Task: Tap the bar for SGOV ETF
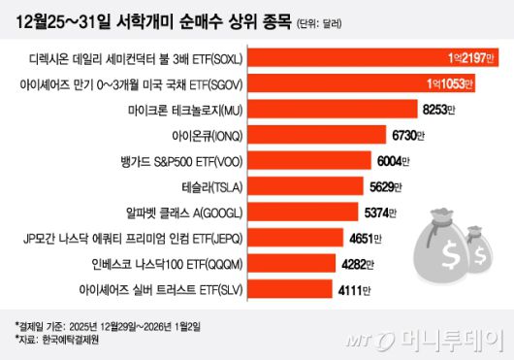pyautogui.click(x=369, y=84)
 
